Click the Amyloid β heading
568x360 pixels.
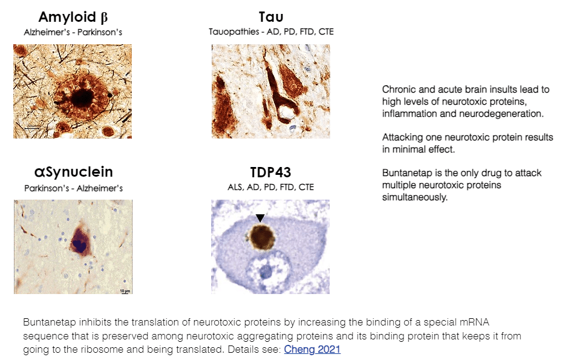click(73, 18)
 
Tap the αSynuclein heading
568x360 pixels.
click(73, 172)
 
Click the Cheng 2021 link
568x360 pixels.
click(312, 349)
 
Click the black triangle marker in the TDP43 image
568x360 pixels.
click(260, 218)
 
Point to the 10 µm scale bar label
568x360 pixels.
click(125, 291)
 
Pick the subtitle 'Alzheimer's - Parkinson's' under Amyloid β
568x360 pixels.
click(73, 32)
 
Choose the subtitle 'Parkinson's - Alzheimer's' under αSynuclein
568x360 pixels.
click(73, 188)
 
